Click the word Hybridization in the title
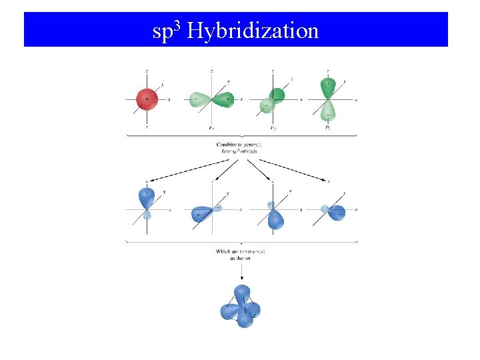(253, 31)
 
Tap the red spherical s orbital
(147, 99)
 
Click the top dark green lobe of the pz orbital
(328, 86)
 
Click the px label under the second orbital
(211, 127)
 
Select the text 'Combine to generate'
(239, 145)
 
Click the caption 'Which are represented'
(241, 251)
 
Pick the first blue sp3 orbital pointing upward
(147, 199)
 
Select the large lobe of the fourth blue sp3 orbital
(336, 212)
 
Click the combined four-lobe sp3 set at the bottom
(241, 307)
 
